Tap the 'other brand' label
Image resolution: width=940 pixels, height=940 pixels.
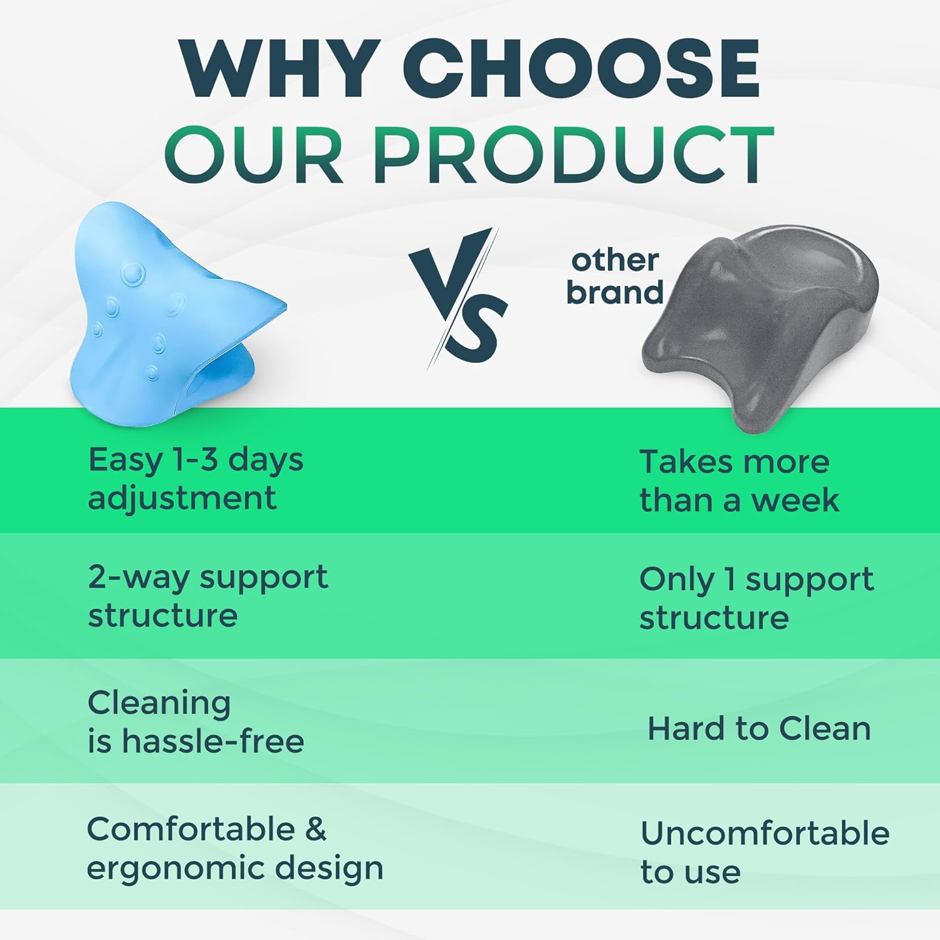(x=615, y=276)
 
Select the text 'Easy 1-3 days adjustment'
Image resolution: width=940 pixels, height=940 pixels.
(x=196, y=479)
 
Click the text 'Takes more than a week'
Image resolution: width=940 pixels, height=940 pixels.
(x=739, y=481)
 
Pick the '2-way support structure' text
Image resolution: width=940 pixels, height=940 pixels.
(x=208, y=596)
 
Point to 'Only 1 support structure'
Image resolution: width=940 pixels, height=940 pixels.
(x=756, y=598)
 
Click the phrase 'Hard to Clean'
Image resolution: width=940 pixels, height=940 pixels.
(x=759, y=729)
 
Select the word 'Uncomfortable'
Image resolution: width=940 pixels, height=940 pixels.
(x=765, y=833)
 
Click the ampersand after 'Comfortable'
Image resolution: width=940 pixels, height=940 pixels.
(x=316, y=830)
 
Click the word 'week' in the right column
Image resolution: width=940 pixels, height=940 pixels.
(x=795, y=500)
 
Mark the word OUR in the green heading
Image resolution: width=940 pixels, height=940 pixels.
(x=254, y=154)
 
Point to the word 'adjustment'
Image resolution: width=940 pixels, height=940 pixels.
(x=182, y=499)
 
